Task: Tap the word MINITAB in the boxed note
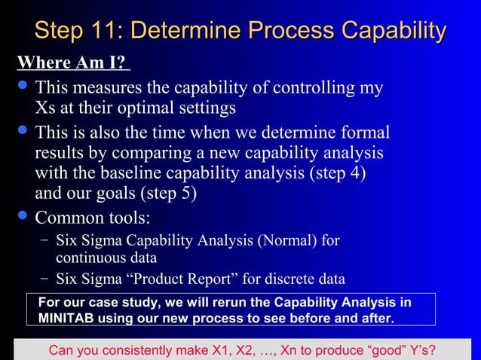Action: pyautogui.click(x=59, y=318)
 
